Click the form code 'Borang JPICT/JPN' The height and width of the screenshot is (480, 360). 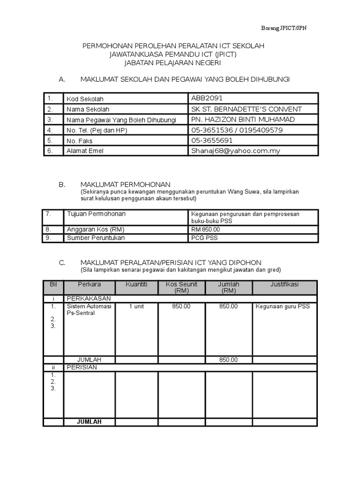284,28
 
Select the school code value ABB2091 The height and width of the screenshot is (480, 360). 207,98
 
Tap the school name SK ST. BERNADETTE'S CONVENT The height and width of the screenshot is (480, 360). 247,109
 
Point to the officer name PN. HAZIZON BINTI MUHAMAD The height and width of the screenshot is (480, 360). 243,120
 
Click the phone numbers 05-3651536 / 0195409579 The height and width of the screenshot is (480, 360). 236,130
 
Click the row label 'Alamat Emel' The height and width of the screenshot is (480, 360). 85,151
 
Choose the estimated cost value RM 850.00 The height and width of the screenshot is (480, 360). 205,230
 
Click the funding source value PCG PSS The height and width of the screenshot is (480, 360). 204,238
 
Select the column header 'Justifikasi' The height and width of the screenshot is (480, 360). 285,285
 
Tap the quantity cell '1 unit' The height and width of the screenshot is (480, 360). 137,306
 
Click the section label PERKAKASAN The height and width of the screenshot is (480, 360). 89,298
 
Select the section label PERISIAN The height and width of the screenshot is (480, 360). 82,367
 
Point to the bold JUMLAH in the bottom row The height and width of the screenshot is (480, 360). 89,421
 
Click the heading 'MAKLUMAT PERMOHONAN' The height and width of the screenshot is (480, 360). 126,185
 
